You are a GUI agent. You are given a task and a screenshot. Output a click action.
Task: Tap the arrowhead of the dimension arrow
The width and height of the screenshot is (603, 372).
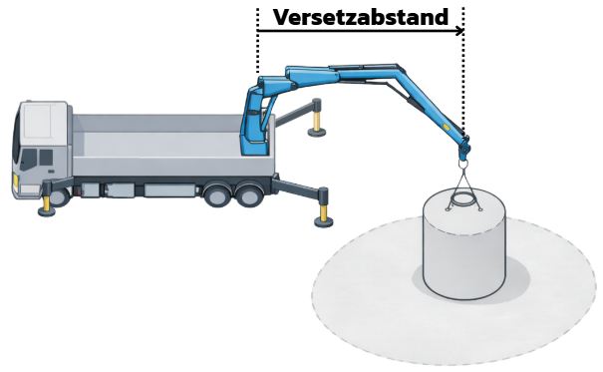(x=459, y=31)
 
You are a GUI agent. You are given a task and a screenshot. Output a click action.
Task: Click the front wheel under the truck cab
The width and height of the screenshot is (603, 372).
(x=58, y=195)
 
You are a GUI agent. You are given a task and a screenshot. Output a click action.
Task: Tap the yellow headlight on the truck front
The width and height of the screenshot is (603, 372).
(x=14, y=180)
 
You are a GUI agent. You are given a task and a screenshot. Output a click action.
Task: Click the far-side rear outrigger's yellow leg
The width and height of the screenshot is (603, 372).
(x=318, y=119)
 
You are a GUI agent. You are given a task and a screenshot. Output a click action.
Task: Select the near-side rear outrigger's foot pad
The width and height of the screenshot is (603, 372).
(x=323, y=221)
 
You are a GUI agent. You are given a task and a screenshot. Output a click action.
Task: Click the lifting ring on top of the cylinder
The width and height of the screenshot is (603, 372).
(x=463, y=200)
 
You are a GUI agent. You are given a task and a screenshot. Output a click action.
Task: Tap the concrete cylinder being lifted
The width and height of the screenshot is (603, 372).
(x=463, y=249)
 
